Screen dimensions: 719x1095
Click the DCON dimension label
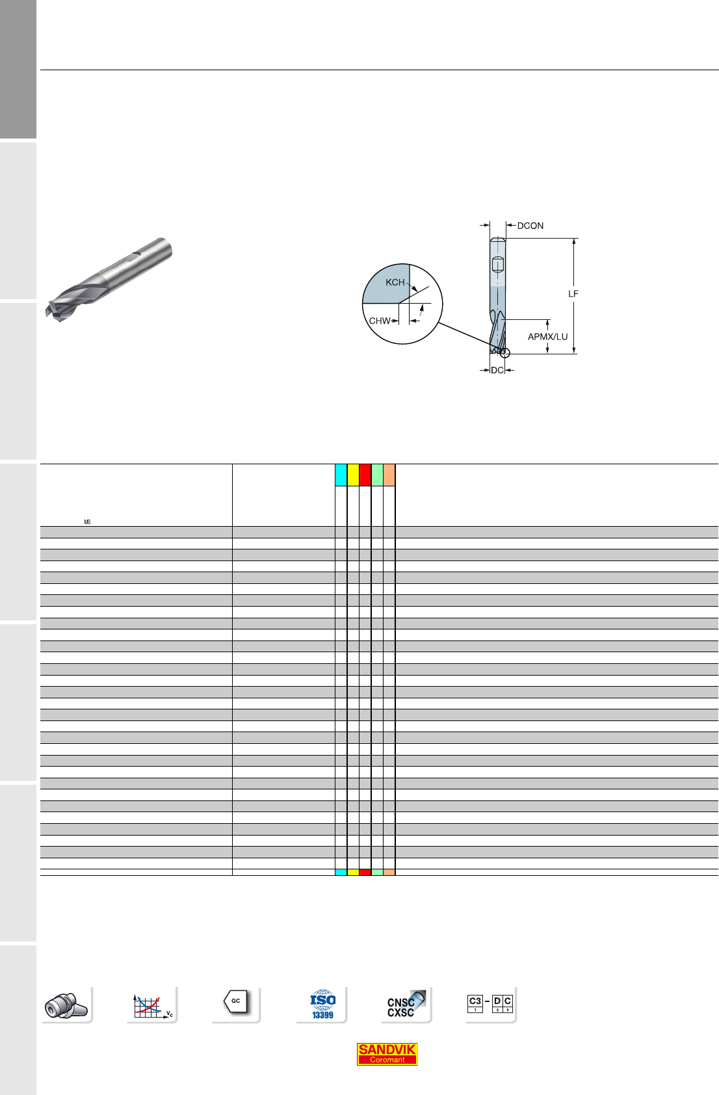click(530, 226)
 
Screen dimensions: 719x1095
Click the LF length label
click(573, 294)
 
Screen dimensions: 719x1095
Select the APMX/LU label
click(547, 337)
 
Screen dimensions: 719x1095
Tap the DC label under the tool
click(497, 370)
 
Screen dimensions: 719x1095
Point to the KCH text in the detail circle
click(395, 282)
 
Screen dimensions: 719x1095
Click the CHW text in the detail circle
click(380, 321)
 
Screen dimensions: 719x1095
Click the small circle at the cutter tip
click(505, 353)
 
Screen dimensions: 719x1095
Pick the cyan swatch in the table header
click(341, 475)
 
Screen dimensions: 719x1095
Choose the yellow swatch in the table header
click(353, 475)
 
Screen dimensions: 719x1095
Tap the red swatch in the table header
click(365, 475)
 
